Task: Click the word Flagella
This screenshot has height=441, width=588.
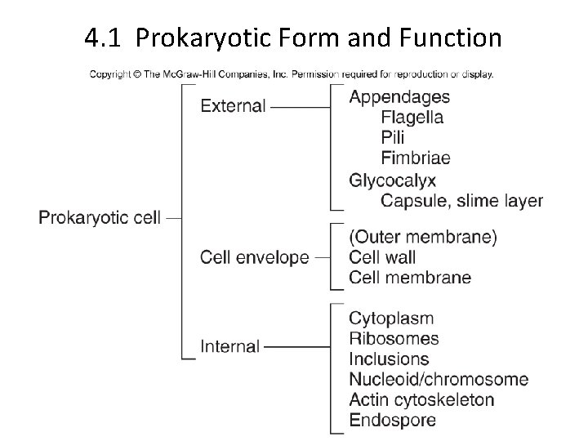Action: [412, 118]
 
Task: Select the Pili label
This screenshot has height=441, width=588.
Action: [393, 138]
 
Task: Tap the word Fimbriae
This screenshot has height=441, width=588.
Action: [416, 158]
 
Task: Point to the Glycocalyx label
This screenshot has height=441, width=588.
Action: [393, 180]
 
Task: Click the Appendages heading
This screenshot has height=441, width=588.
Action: [399, 97]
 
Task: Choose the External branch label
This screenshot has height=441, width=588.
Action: [233, 106]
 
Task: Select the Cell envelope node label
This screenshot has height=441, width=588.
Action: [255, 257]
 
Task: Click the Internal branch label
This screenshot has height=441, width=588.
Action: [230, 346]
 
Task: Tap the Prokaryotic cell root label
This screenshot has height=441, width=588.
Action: [100, 218]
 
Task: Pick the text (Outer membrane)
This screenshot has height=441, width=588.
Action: [423, 238]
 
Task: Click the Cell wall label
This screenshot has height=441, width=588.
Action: [382, 257]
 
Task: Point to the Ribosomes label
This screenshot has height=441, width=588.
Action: [394, 339]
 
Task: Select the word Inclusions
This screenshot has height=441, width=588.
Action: [389, 359]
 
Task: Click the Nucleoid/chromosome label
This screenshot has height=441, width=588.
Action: [439, 380]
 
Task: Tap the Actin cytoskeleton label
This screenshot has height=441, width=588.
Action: [421, 400]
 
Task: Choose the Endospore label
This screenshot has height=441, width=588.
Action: [392, 421]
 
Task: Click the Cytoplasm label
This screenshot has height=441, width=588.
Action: [391, 318]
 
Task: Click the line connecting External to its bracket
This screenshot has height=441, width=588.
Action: [300, 106]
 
